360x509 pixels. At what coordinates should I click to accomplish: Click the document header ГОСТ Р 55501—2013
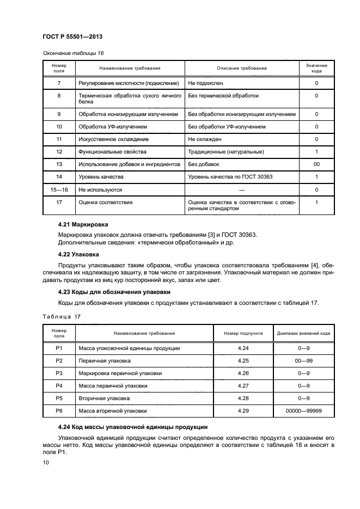click(x=72, y=37)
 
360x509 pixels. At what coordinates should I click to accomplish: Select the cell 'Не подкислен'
click(x=206, y=83)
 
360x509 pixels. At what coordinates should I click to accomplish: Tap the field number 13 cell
click(x=59, y=164)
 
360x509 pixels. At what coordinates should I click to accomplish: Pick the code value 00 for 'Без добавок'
click(x=316, y=164)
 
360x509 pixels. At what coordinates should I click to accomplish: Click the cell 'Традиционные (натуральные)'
click(x=223, y=151)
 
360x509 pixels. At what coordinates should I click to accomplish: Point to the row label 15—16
click(x=59, y=190)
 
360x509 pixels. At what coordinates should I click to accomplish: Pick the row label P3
click(x=59, y=373)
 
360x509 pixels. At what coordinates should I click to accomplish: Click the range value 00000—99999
click(x=303, y=410)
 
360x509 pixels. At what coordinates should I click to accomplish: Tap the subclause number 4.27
click(x=243, y=385)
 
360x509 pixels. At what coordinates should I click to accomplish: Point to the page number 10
click(x=46, y=462)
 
